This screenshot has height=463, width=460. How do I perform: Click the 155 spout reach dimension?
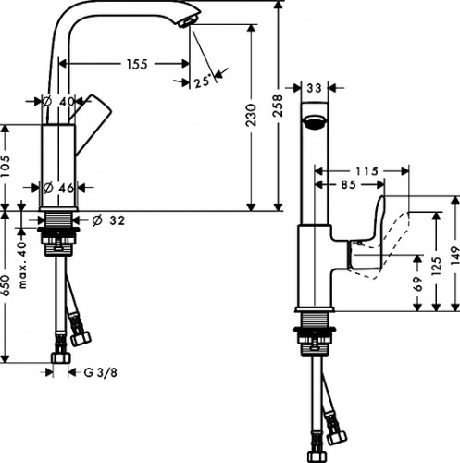coord(137,64)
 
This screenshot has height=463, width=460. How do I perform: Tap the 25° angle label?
coord(203,81)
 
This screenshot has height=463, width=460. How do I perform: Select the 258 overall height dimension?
coord(278,106)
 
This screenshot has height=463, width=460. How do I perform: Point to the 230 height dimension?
coord(252,115)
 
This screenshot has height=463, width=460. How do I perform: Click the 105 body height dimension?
coord(6,166)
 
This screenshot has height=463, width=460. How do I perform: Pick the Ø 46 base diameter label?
coord(58,188)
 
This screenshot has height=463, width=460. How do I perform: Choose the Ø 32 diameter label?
coord(109,220)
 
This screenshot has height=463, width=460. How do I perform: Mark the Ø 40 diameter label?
coord(58,101)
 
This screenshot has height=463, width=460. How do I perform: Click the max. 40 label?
coord(22,265)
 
